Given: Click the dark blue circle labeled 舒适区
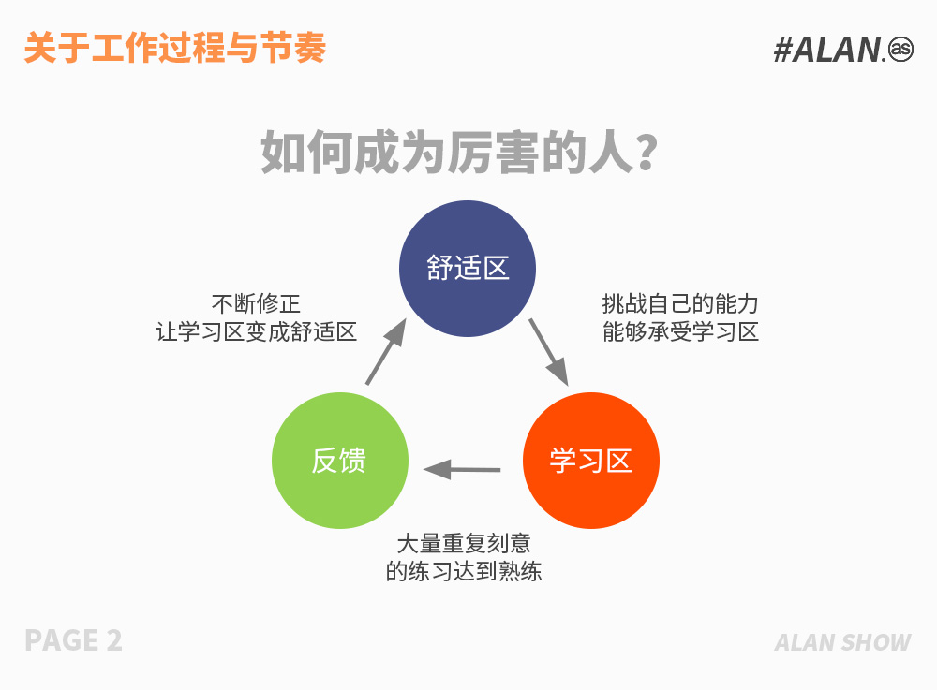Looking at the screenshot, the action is pos(468,269).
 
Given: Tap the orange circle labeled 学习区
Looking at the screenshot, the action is pos(591,461).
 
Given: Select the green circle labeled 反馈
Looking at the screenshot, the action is pos(340,461).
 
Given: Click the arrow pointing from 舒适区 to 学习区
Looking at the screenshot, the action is pos(548,352).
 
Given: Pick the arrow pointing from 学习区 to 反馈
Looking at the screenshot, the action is pos(462,470).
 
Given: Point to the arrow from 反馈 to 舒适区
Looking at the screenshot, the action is pos(386,352).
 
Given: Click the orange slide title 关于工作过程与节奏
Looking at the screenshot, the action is pos(175,48).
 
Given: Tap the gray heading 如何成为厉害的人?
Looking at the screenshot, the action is pos(459,153).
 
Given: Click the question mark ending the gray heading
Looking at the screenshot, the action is pos(647,153).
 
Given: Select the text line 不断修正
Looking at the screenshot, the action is pos(256,304).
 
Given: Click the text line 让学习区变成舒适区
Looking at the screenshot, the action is pos(257,331).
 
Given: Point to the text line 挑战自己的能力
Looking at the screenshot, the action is pos(680,304).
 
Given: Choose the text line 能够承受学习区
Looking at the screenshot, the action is pos(680,331).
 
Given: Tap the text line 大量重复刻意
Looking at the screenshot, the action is pos(464,543).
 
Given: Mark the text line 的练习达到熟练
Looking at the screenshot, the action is pos(464,571).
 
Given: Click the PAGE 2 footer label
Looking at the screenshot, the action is pos(73,640).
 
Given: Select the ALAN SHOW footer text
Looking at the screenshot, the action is pos(842,642).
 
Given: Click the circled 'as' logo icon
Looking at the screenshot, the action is pos(900,49).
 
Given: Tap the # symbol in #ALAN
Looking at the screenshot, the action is pos(782,50).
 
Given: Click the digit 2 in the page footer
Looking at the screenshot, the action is pos(114,640).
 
